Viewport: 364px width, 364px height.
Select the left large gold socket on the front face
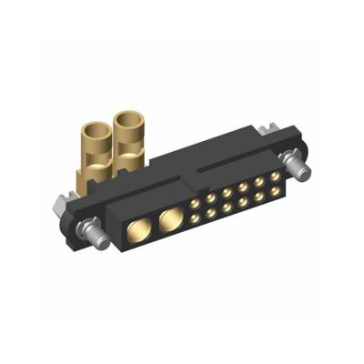tap(141, 227)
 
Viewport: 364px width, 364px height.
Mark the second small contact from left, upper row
tap(211, 197)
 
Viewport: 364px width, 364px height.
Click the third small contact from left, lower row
tap(227, 207)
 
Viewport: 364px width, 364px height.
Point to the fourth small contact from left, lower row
tap(242, 201)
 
